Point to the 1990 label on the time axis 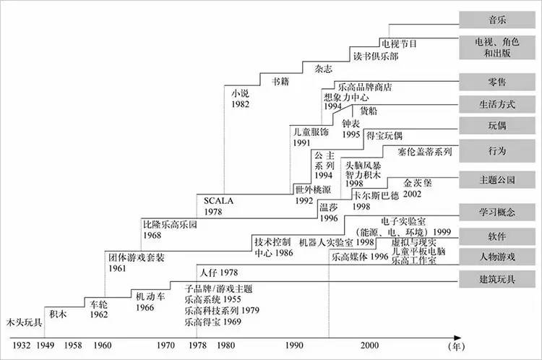coord(294,345)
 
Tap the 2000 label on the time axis coord(371,345)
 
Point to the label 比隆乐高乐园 coord(171,225)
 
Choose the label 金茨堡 coord(417,183)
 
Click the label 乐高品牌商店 coord(364,87)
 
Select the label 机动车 coord(150,296)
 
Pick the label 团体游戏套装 coord(137,257)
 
